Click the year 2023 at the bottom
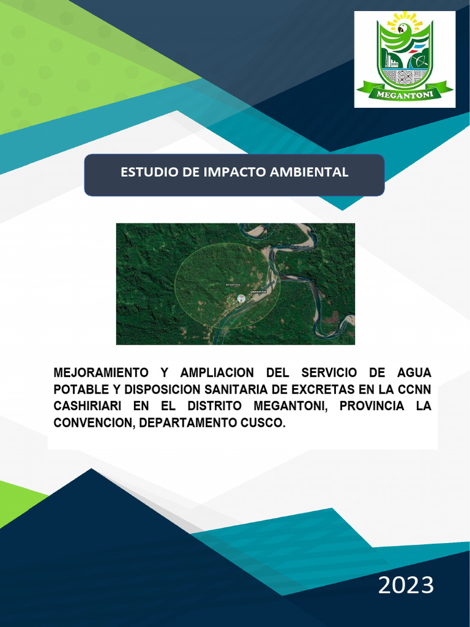(406, 585)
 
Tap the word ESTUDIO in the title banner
(144, 172)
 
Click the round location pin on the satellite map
(241, 299)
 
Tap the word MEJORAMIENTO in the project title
(101, 372)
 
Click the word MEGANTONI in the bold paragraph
(288, 406)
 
